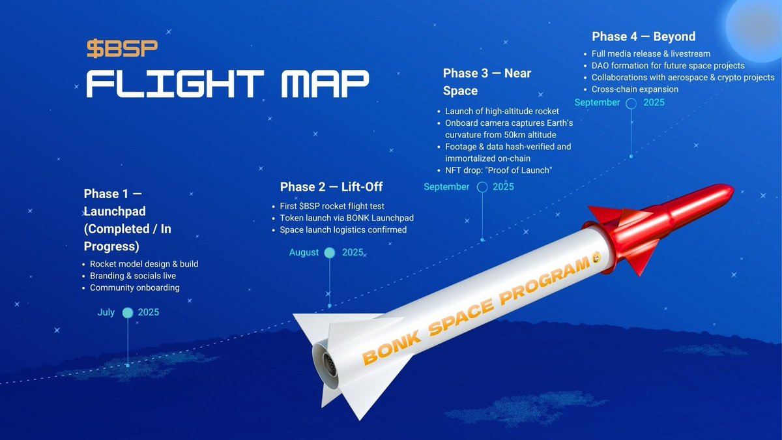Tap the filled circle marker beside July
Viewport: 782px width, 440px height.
coord(128,313)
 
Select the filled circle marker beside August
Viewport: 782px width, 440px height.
coord(330,253)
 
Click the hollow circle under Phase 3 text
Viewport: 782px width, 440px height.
coord(482,187)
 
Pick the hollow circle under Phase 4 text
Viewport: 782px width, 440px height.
coord(631,103)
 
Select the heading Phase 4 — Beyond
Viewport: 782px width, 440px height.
coord(643,37)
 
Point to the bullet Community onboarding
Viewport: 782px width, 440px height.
coord(134,287)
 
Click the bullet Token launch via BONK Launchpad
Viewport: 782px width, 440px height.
coord(347,218)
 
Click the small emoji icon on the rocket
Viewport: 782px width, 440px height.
coord(595,260)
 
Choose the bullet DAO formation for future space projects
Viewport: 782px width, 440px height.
coord(667,65)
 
